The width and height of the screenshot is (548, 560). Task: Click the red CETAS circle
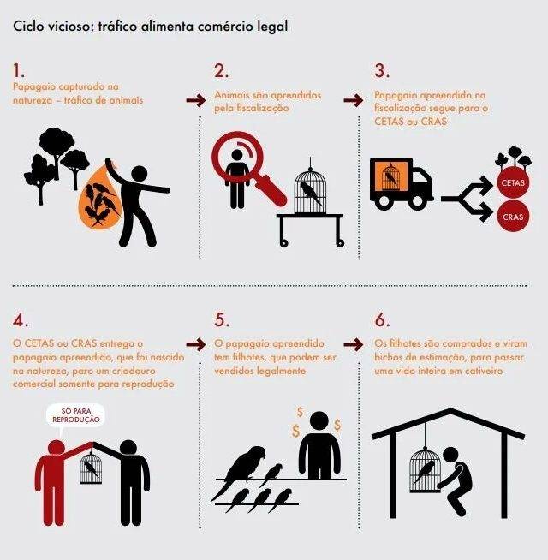coord(513,182)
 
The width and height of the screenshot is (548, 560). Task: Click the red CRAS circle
coord(513,216)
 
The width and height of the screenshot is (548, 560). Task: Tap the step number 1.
coord(19,70)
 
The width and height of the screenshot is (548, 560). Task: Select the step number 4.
coord(21,320)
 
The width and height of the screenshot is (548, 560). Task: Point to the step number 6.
coord(382,320)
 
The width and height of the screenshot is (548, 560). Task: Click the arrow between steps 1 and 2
coord(196,100)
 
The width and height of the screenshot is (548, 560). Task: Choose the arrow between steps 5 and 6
coord(354,344)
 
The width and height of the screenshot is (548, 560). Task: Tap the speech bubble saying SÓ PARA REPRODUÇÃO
coord(75,415)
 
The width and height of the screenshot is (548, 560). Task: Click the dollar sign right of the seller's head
coord(337,425)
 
